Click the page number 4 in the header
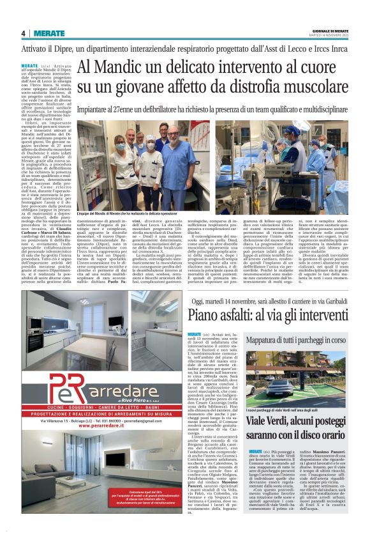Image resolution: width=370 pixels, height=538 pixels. pos(23,33)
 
